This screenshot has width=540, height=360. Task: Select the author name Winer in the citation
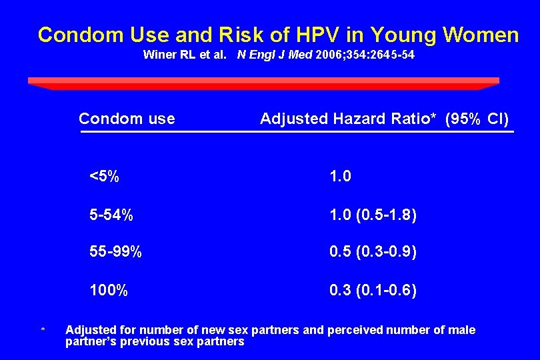159,55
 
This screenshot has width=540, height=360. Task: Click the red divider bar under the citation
263,83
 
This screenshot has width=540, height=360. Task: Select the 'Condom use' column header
127,119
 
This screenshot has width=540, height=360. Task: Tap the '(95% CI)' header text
477,119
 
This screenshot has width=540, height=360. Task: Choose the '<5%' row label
105,177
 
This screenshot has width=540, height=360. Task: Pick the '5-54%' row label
111,215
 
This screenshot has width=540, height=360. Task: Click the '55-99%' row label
116,253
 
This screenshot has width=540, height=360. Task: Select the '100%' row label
109,291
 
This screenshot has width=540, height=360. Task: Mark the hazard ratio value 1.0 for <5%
340,177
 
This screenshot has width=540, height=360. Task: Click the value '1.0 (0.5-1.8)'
373,215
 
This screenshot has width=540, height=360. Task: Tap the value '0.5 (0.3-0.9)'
373,253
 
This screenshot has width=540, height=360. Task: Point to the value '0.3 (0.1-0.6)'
373,291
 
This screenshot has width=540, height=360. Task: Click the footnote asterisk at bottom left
43,330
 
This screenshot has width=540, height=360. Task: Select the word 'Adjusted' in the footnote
90,330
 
